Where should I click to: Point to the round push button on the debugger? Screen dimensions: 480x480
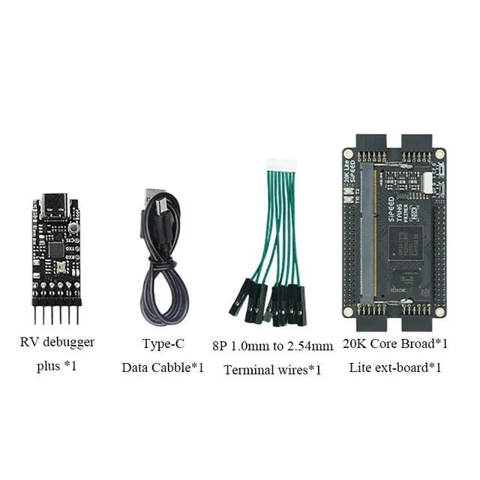click(74, 226)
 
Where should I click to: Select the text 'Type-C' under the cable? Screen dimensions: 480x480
click(163, 344)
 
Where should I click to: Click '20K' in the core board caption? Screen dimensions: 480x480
click(354, 343)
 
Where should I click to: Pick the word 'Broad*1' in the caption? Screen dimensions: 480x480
click(425, 343)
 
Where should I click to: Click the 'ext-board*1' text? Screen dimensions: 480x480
click(409, 367)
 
